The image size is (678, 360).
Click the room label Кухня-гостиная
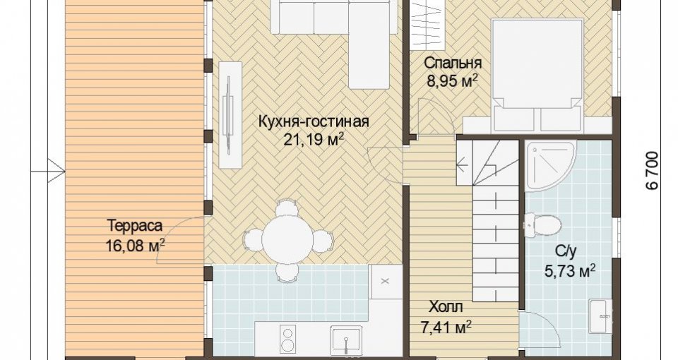(x=314, y=122)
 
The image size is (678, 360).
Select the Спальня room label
(x=452, y=63)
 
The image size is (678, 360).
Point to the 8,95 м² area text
(x=452, y=80)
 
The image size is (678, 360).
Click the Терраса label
(x=135, y=226)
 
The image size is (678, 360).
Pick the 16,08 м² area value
(x=135, y=245)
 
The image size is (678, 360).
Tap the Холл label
(x=446, y=307)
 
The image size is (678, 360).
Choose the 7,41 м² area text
(x=446, y=327)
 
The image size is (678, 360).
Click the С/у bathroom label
(x=566, y=251)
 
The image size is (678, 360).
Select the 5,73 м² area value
(x=569, y=271)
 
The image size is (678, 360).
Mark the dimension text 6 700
(x=652, y=170)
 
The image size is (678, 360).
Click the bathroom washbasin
(x=601, y=316)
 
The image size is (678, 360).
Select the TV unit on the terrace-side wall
(x=230, y=114)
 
